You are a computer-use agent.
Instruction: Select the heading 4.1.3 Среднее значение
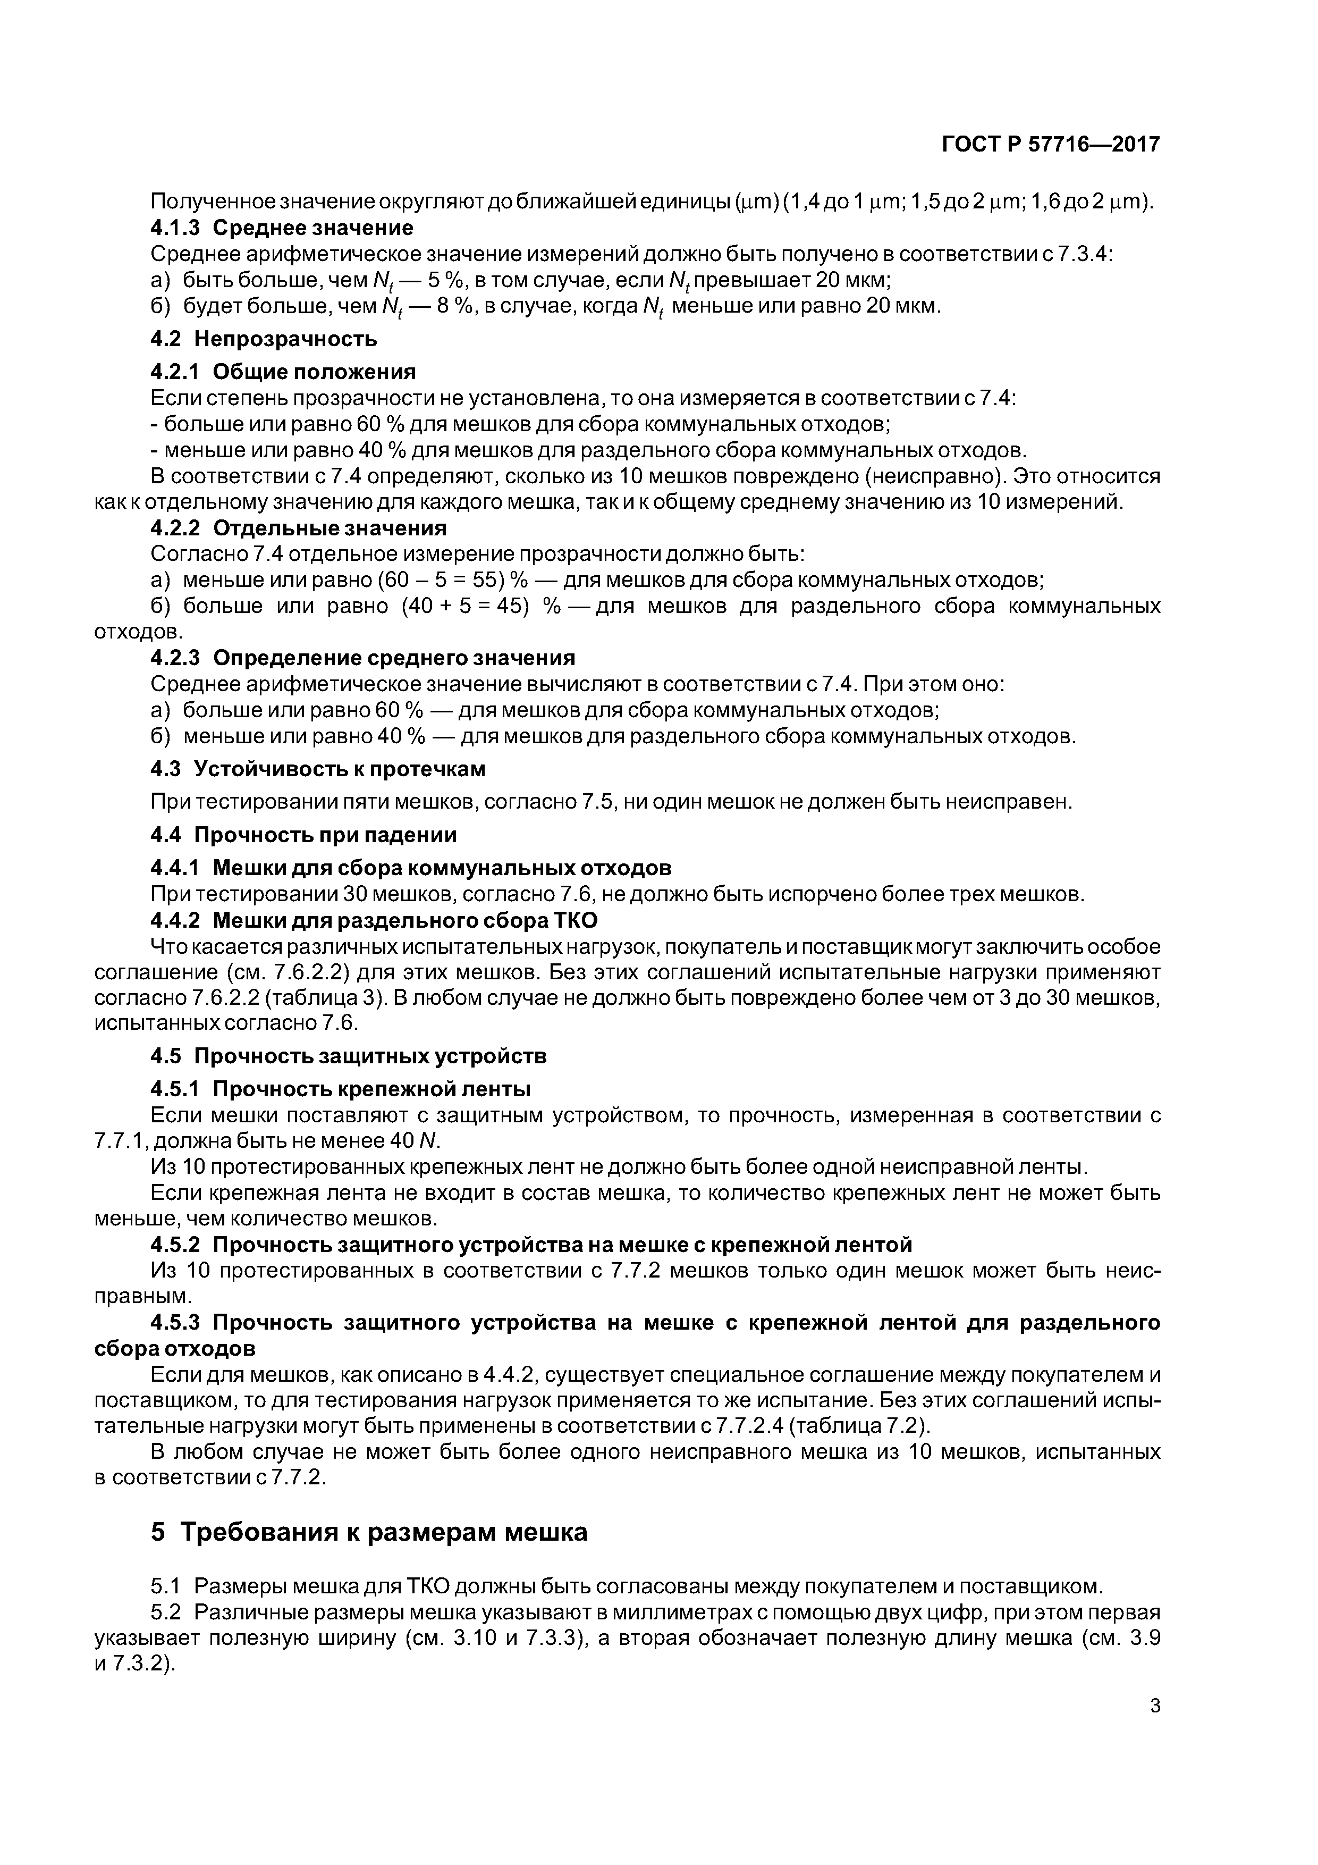coord(282,228)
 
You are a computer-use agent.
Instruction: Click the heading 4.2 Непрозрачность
coord(264,338)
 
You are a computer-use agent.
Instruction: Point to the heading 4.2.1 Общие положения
coord(283,372)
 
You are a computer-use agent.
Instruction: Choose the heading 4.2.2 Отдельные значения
coord(298,528)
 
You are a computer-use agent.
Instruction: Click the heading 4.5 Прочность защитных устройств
coord(349,1055)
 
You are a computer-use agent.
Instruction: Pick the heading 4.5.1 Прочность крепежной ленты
coord(341,1088)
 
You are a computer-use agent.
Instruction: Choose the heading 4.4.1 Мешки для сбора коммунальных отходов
coord(411,868)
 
